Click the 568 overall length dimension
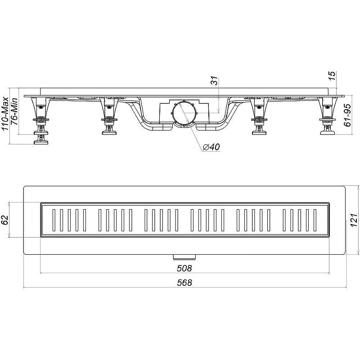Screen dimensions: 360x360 pyautogui.click(x=184, y=283)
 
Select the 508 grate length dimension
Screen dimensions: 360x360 pyautogui.click(x=184, y=268)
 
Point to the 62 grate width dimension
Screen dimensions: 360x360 pyautogui.click(x=5, y=220)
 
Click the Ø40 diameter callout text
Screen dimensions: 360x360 pyautogui.click(x=211, y=147)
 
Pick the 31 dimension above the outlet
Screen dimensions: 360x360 pyautogui.click(x=214, y=81)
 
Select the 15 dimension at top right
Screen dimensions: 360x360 pyautogui.click(x=332, y=76)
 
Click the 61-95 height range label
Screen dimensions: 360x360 pyautogui.click(x=347, y=115)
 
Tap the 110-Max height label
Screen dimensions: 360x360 pyautogui.click(x=5, y=114)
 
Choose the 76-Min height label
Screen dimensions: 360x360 pyautogui.click(x=14, y=111)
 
